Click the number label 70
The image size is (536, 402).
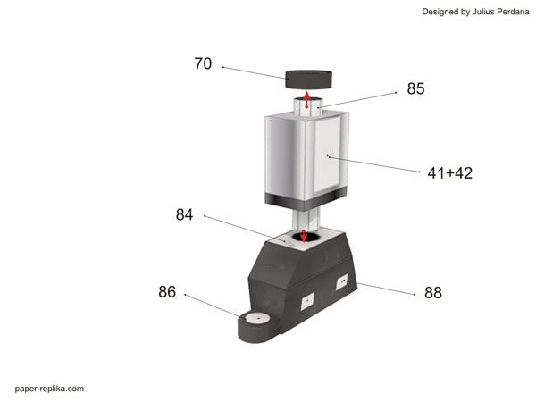pyautogui.click(x=204, y=64)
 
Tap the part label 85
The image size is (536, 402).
pyautogui.click(x=415, y=89)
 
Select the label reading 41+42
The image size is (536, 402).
pyautogui.click(x=449, y=173)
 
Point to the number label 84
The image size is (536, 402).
pyautogui.click(x=185, y=214)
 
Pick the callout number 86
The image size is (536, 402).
pyautogui.click(x=167, y=291)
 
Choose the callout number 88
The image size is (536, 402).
pyautogui.click(x=433, y=292)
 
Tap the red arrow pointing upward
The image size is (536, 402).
pyautogui.click(x=306, y=100)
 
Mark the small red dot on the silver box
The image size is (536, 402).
pyautogui.click(x=328, y=155)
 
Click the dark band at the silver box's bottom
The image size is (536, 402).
pyautogui.click(x=304, y=197)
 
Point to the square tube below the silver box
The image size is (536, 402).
pyautogui.click(x=305, y=217)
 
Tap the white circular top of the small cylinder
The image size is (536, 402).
pyautogui.click(x=257, y=318)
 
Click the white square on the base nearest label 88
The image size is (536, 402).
pyautogui.click(x=342, y=284)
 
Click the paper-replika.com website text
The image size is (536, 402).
pyautogui.click(x=49, y=389)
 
